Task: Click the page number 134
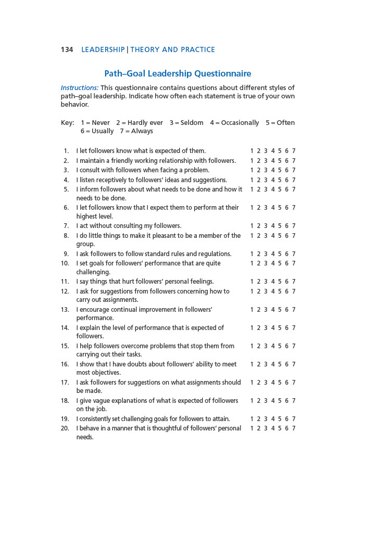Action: [x=67, y=50]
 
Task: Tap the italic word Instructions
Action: [x=79, y=88]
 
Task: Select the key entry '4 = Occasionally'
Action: [x=234, y=123]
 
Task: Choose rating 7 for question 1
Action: [x=294, y=151]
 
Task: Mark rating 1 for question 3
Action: [x=252, y=170]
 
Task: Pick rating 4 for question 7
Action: [x=273, y=226]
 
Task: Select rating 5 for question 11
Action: [x=280, y=282]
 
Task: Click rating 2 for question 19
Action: [x=259, y=419]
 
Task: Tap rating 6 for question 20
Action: [x=287, y=428]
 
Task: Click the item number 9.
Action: [x=66, y=254]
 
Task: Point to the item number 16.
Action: [x=65, y=364]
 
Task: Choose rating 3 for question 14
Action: [x=266, y=328]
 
